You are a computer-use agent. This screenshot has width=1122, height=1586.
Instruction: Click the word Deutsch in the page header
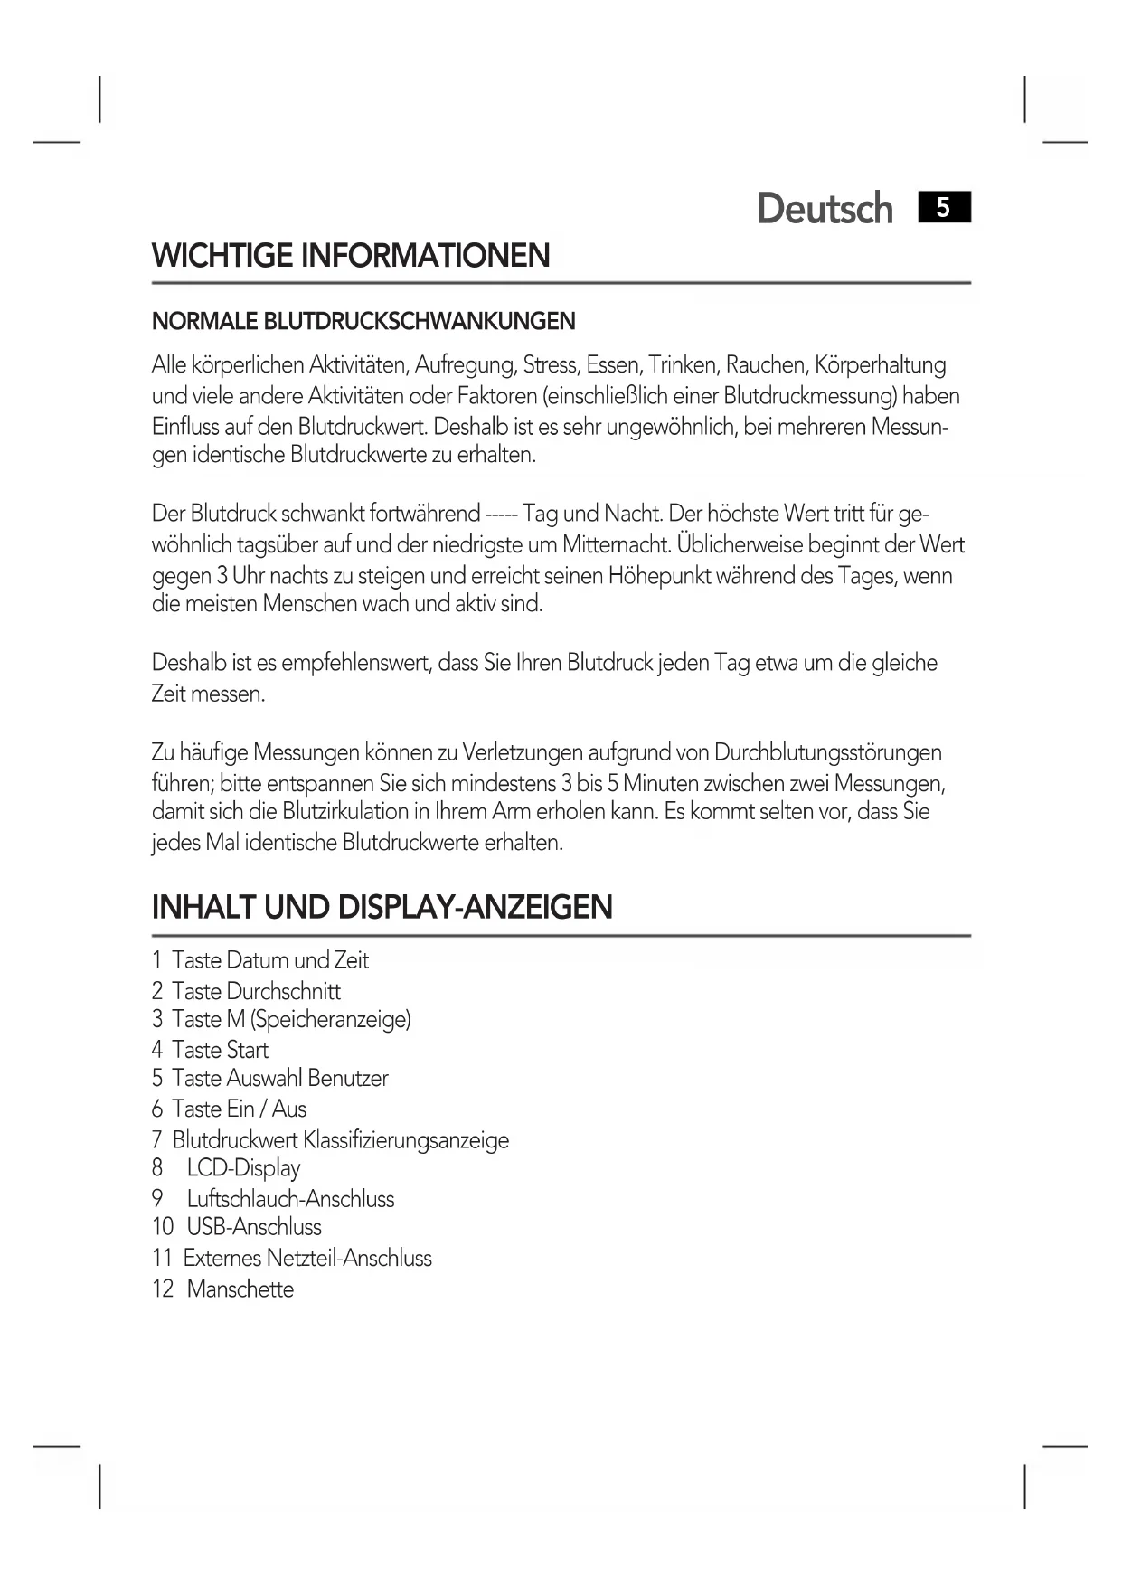click(824, 209)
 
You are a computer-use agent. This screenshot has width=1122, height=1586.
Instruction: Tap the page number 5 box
click(943, 208)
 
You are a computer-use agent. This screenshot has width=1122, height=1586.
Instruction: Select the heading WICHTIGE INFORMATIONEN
click(351, 256)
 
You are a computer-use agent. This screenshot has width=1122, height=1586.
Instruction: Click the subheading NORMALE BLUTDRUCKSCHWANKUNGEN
click(363, 321)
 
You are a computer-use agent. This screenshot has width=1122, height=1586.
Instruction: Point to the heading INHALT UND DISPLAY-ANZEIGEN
click(382, 907)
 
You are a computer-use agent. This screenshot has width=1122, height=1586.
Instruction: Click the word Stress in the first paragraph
click(550, 365)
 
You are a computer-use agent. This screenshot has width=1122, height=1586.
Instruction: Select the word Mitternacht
click(615, 545)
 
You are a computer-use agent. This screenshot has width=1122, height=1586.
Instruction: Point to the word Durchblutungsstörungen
click(827, 752)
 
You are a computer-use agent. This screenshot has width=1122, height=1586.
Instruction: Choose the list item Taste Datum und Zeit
click(269, 960)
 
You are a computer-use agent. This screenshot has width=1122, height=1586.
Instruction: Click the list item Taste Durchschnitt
click(256, 991)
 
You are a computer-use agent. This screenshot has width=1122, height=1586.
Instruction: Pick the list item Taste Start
click(220, 1050)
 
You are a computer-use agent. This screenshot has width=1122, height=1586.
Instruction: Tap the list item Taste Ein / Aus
click(239, 1109)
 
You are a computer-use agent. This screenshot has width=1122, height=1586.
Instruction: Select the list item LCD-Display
click(243, 1168)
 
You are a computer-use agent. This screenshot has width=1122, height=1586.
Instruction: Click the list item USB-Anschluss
click(254, 1227)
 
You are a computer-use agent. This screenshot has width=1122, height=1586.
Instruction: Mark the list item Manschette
click(240, 1289)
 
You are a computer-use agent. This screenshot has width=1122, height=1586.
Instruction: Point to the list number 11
click(162, 1258)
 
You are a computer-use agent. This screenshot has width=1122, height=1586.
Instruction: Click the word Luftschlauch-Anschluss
click(290, 1199)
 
